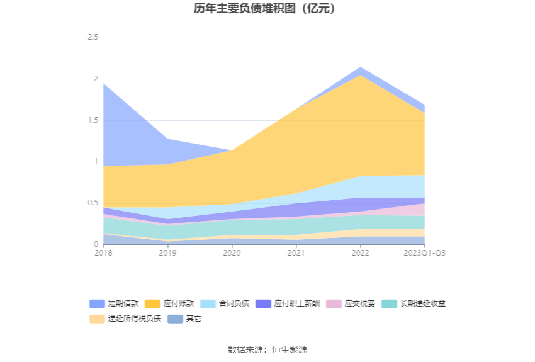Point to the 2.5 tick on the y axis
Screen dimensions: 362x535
point(93,38)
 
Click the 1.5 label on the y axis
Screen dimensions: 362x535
point(93,120)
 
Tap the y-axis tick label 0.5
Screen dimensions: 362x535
point(93,203)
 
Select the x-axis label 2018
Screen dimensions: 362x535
point(103,253)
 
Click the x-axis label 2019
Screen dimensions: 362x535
point(167,253)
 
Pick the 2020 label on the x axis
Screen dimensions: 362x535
point(232,253)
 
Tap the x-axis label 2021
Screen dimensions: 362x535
point(296,253)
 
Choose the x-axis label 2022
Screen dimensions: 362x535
point(360,253)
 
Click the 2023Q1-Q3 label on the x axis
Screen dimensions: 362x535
point(424,253)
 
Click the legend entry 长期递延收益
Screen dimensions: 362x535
point(422,304)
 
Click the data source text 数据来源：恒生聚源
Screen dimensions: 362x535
point(267,349)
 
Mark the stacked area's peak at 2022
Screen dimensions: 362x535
point(360,67)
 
